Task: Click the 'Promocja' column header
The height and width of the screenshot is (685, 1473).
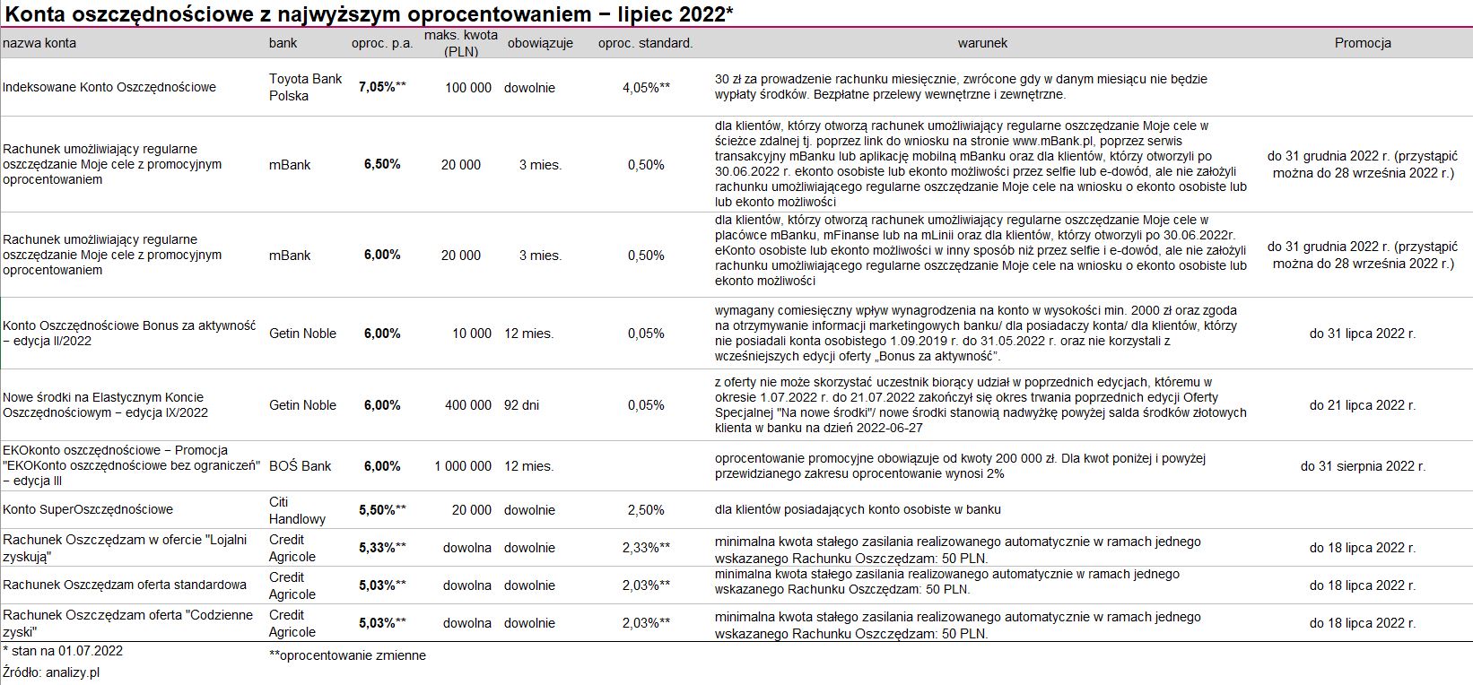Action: pos(1362,43)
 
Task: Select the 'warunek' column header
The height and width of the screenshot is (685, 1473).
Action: pos(982,43)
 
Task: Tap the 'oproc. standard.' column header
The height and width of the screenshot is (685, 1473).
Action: pos(645,43)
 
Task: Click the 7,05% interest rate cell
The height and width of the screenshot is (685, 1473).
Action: pos(381,88)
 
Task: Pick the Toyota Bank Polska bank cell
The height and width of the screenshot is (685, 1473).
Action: pos(305,88)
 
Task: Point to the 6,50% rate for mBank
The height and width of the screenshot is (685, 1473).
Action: pos(382,165)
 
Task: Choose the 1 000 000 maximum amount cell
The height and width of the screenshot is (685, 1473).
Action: pos(463,466)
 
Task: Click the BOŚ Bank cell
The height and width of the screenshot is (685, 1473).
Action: pos(300,466)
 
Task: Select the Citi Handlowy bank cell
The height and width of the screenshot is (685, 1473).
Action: pos(297,510)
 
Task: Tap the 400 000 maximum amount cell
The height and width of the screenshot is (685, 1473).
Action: pos(467,405)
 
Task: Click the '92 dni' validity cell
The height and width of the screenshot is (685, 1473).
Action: pos(521,405)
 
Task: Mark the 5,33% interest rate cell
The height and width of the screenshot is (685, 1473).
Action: pos(381,548)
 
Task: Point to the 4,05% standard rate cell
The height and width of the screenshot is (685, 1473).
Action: pos(646,88)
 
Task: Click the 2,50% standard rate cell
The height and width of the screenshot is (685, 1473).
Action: pos(646,510)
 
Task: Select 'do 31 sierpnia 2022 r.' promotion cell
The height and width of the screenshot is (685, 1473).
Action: pos(1362,466)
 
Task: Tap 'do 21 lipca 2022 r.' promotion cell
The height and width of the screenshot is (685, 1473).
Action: pos(1362,405)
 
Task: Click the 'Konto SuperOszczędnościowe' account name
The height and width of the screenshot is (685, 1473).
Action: pos(88,510)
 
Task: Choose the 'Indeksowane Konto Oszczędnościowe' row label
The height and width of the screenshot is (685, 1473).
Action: pos(109,88)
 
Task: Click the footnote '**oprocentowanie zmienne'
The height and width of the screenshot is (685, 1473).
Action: pos(347,655)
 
